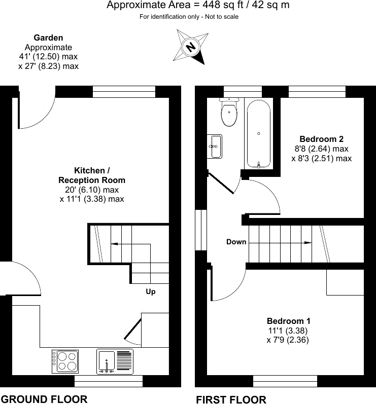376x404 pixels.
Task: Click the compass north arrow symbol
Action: pos(191,47)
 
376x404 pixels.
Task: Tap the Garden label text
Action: pos(48,38)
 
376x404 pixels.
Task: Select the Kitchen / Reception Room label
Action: pos(91,175)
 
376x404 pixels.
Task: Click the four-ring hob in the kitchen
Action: pos(65,360)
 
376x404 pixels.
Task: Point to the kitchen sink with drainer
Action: pos(115,361)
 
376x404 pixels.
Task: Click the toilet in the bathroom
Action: pos(229,113)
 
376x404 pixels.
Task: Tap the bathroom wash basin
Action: pos(215,146)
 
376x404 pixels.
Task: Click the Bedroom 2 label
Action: pos(321,139)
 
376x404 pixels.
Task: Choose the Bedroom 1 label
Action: pos(288,321)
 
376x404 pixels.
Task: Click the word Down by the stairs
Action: pos(236,242)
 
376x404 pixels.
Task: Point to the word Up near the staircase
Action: pos(151,291)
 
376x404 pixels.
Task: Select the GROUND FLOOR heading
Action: pos(44,399)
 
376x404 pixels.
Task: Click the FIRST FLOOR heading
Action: pos(231,399)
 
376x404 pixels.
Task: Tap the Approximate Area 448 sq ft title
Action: pos(198,6)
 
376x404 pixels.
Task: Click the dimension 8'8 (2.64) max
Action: pos(321,149)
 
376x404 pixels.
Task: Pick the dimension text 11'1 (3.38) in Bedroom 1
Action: pos(288,330)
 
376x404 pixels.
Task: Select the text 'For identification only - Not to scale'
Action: pos(189,17)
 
